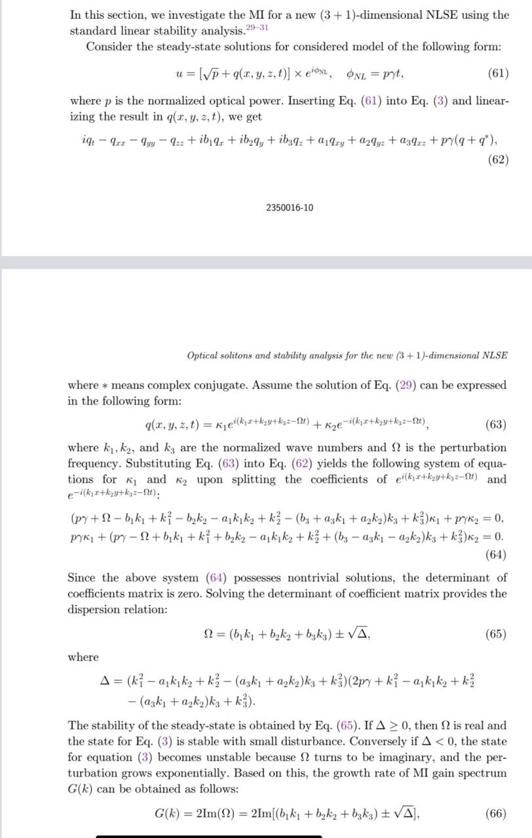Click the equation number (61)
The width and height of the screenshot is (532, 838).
[x=498, y=73]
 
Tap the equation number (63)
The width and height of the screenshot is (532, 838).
[x=496, y=425]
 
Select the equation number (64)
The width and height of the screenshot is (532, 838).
[x=496, y=555]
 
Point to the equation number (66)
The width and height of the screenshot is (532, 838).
[x=496, y=814]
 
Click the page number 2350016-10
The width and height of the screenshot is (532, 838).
[x=290, y=208]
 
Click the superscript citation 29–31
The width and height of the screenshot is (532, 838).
[x=256, y=27]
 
